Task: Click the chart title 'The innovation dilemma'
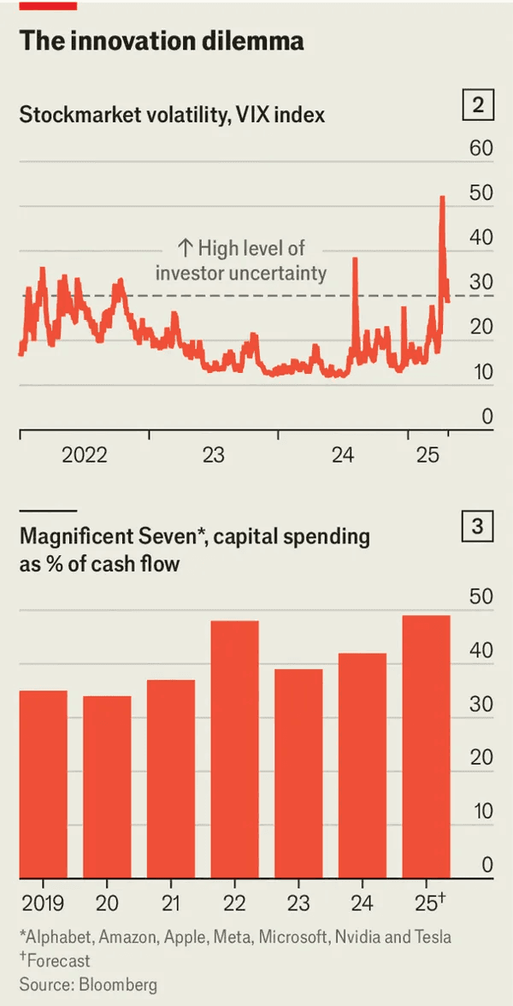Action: [161, 41]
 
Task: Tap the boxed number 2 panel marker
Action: [478, 106]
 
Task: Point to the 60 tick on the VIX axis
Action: [481, 148]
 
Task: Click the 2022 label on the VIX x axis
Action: [84, 454]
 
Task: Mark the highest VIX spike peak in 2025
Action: [442, 198]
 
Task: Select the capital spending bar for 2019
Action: [44, 784]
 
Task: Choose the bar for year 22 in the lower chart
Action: [233, 749]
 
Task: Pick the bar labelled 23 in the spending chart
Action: [298, 773]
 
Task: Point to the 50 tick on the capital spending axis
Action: [481, 596]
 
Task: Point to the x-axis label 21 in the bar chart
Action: [169, 902]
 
